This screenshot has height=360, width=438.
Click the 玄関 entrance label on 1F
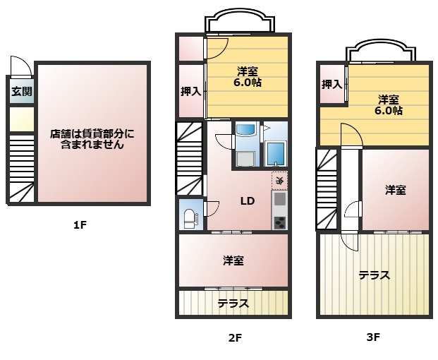click(x=22, y=91)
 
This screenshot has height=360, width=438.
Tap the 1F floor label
click(x=80, y=224)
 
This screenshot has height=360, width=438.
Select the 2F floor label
click(x=235, y=338)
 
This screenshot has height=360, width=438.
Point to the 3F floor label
click(x=373, y=337)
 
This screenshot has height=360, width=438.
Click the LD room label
click(x=248, y=200)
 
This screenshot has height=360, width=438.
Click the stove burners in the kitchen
click(x=279, y=223)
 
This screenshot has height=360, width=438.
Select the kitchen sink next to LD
click(x=279, y=199)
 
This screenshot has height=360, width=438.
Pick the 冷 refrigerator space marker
click(x=279, y=180)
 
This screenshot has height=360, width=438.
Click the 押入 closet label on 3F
click(x=332, y=84)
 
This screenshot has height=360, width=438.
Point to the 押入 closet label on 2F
click(x=190, y=91)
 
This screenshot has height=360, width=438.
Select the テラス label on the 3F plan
click(x=375, y=275)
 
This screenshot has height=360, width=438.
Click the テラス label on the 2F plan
click(x=233, y=304)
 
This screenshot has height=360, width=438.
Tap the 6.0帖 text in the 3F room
click(x=389, y=111)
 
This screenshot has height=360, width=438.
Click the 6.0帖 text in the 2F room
click(x=248, y=83)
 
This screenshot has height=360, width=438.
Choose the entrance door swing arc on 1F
click(x=22, y=65)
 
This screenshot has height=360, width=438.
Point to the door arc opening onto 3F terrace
click(x=348, y=243)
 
